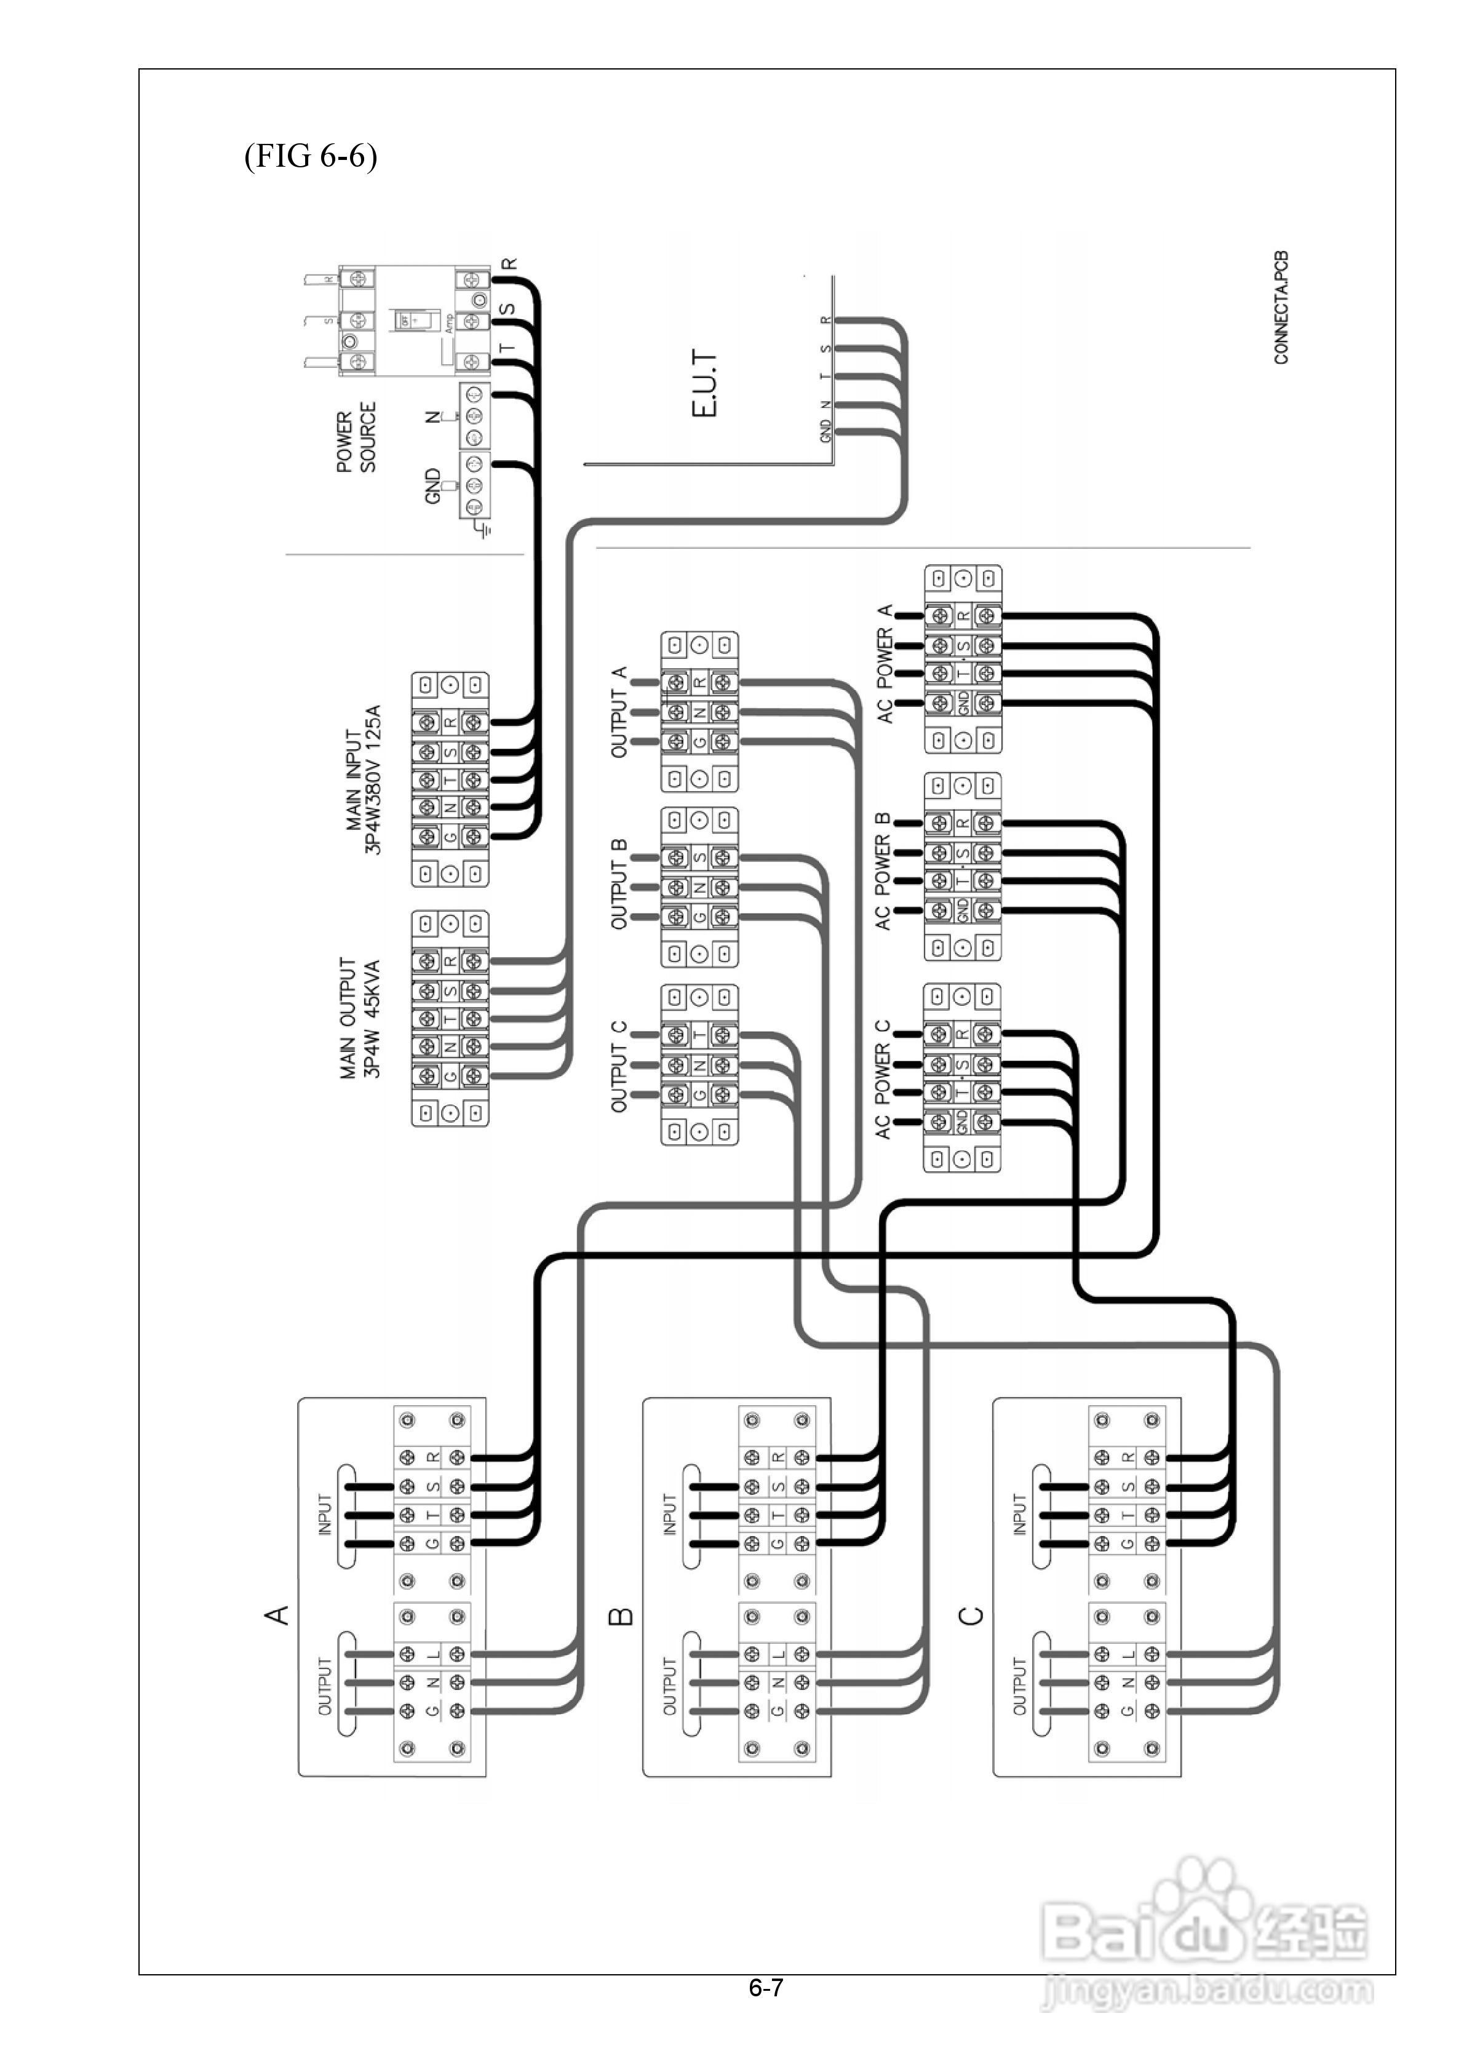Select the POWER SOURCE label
click(357, 442)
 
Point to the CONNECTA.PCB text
click(1282, 308)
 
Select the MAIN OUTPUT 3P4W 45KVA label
click(360, 1018)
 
